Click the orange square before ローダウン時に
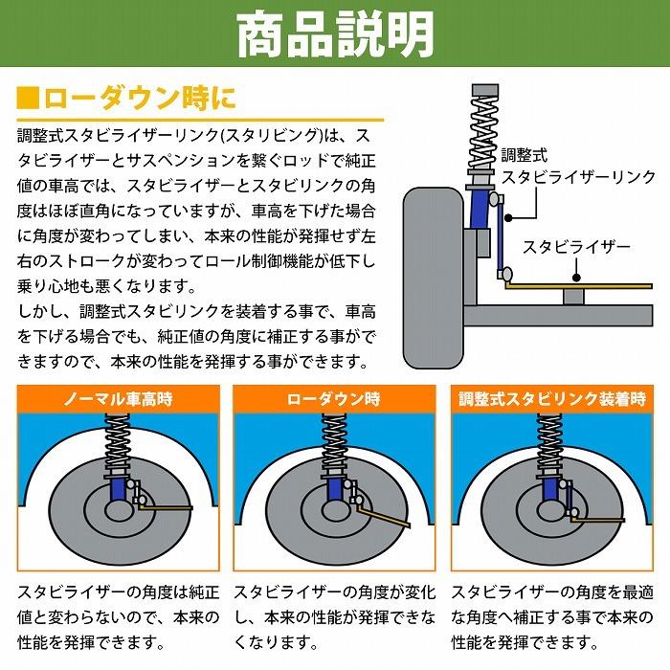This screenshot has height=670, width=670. tap(29, 99)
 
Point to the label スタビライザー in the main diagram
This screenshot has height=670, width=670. tap(576, 247)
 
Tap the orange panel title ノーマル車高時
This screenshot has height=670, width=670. tap(120, 399)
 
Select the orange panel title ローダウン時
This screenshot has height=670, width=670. tap(334, 399)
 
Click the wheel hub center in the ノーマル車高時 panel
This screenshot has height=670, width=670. tap(120, 508)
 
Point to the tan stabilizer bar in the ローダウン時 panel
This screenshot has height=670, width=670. tap(383, 518)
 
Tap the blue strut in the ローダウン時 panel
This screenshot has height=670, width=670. tap(334, 490)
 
